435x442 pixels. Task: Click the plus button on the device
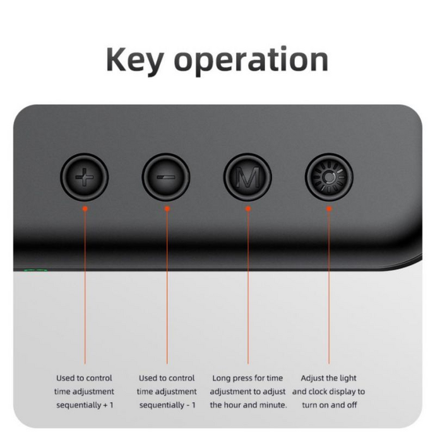[85, 177]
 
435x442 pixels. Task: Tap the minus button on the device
[166, 177]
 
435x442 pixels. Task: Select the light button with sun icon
[329, 177]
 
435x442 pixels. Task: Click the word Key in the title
[134, 61]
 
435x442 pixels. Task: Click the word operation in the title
[251, 61]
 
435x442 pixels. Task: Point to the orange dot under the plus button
[85, 208]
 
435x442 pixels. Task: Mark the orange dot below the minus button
[167, 208]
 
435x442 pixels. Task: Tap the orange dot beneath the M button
[248, 208]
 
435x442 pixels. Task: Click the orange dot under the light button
[329, 208]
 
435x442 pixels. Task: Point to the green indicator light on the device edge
[35, 270]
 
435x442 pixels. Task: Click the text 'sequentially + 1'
[85, 405]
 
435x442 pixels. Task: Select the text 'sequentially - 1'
[167, 405]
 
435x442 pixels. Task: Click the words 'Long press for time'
[247, 378]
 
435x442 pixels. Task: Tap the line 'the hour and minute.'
[248, 405]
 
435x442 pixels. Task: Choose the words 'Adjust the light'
[328, 378]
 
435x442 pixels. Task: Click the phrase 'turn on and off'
[330, 405]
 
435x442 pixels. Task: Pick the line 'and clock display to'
[328, 391]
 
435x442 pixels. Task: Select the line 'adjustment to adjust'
[247, 391]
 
